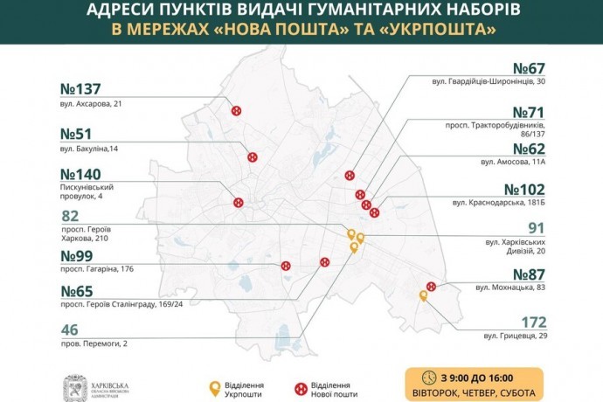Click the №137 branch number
pyautogui.click(x=81, y=89)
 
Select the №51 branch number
pyautogui.click(x=76, y=135)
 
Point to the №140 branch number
pyautogui.click(x=81, y=174)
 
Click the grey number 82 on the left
pyautogui.click(x=72, y=216)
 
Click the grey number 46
pyautogui.click(x=72, y=330)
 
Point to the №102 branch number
pyautogui.click(x=524, y=190)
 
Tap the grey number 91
pyautogui.click(x=534, y=227)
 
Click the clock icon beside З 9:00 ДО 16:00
pyautogui.click(x=428, y=378)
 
